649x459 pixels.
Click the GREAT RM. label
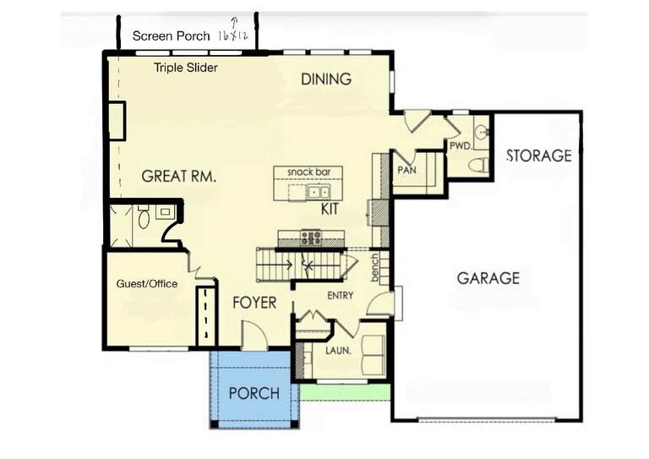(179, 177)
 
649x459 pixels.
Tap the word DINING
(326, 79)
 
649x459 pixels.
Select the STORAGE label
(539, 156)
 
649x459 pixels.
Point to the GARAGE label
(488, 278)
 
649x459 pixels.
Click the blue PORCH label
(254, 393)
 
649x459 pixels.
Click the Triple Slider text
(186, 68)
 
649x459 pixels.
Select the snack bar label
(308, 172)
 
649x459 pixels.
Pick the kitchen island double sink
(319, 192)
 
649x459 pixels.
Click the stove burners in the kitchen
(311, 238)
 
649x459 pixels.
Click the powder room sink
(482, 132)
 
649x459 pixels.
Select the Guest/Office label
(147, 284)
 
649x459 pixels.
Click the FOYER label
(254, 303)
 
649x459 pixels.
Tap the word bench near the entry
(374, 268)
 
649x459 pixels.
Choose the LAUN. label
(338, 351)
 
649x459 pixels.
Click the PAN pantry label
(406, 170)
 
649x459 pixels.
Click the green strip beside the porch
(345, 392)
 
